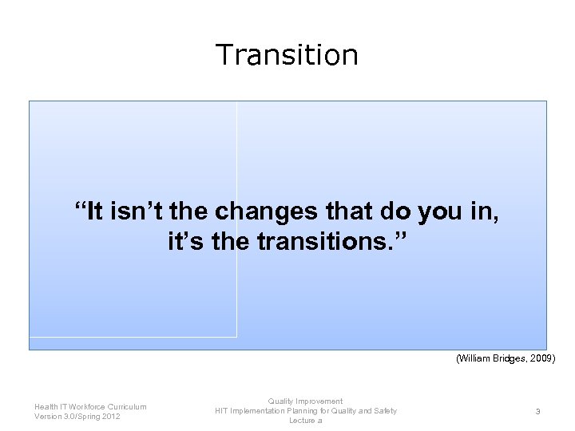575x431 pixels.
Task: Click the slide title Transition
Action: pos(287,54)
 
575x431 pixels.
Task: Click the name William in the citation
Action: pos(474,359)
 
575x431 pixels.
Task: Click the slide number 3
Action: pos(537,411)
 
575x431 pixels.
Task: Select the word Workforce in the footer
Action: pos(83,407)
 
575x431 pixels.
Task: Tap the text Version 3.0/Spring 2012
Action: pos(78,417)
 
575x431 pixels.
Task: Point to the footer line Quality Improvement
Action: pos(305,401)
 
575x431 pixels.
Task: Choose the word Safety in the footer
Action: pos(383,411)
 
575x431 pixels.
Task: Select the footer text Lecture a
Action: pos(305,421)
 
